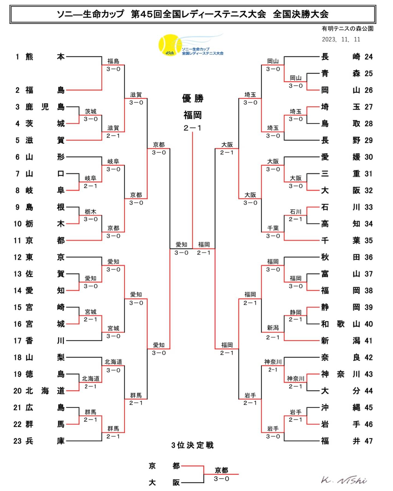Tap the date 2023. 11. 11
coord(341,40)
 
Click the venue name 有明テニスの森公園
coord(347,29)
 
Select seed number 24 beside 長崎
coord(368,57)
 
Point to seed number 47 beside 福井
coord(368,441)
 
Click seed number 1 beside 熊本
coord(17,57)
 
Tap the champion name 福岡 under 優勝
coord(193,115)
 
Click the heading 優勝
coord(193,99)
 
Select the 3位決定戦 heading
coord(192,445)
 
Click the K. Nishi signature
coord(344,480)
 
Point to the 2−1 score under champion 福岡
coord(193,128)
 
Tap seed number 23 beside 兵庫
coord(17,441)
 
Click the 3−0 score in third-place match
coord(221,479)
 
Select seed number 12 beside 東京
coord(17,257)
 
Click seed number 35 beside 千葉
coord(368,240)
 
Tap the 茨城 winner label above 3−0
coord(91,111)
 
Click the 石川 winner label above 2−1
coord(296,212)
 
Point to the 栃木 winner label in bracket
coord(91,212)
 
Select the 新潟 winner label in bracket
coord(273,328)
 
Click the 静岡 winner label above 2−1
coord(296,312)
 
